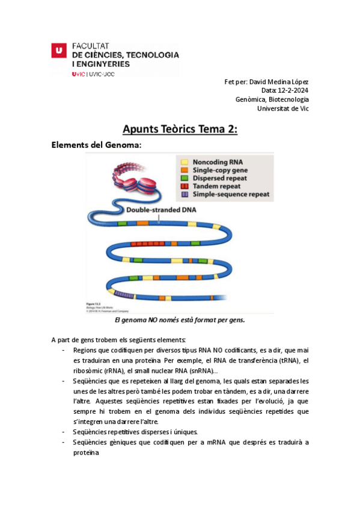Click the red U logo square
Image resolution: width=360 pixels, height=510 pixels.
58,51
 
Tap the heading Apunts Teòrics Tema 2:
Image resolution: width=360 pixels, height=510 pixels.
180,129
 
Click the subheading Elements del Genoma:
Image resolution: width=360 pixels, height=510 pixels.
96,145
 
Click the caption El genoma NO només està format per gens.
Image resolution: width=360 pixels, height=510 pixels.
180,320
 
